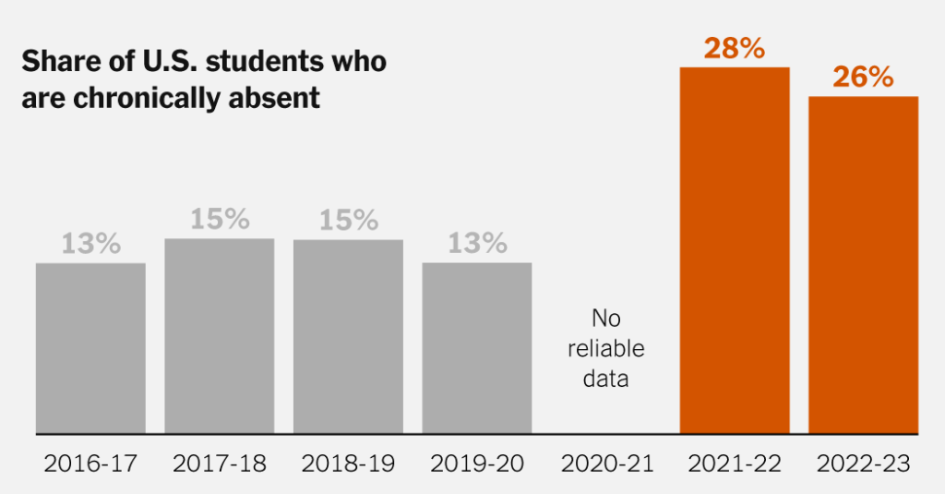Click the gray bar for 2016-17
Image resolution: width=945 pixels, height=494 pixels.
(90, 348)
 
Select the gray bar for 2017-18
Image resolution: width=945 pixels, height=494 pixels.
(220, 336)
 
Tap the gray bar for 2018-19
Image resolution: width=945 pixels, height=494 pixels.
(348, 336)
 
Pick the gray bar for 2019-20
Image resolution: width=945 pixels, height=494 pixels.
(477, 348)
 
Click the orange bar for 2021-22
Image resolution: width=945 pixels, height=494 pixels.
(735, 250)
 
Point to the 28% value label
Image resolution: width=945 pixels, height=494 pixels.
(735, 48)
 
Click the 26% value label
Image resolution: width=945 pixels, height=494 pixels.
(863, 78)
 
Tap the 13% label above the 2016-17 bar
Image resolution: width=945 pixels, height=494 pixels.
(90, 244)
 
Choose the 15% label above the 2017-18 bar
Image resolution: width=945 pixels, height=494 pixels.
(220, 220)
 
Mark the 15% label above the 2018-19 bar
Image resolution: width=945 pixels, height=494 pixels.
(348, 221)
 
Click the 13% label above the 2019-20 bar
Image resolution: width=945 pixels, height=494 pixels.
(477, 244)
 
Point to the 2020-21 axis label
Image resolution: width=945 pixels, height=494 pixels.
(605, 463)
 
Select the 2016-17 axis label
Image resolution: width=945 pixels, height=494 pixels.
(90, 463)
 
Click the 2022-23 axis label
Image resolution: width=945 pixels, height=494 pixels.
(863, 463)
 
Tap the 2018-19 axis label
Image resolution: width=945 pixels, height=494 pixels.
(348, 463)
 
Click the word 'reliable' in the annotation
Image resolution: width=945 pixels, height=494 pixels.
(605, 349)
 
